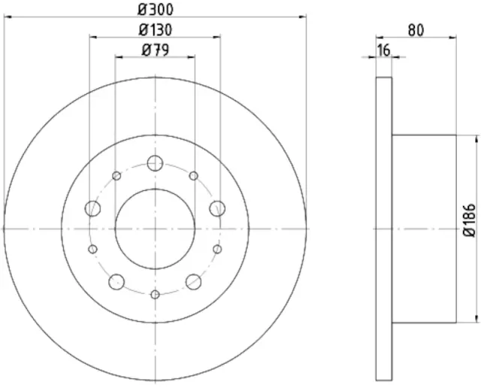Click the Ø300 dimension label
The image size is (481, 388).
(x=155, y=9)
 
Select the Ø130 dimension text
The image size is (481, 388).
(x=155, y=30)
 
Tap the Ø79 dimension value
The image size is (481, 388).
(x=155, y=50)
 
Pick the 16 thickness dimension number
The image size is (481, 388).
(x=383, y=50)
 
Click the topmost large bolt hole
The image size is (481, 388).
(x=155, y=162)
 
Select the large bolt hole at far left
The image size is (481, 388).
(x=93, y=208)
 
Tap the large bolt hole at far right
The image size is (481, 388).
(x=216, y=208)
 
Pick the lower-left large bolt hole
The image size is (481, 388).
(x=116, y=281)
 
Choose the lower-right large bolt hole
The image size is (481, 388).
(x=193, y=281)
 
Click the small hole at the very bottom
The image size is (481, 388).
(x=155, y=294)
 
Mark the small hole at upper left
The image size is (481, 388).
(x=116, y=176)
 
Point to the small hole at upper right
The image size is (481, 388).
(x=193, y=176)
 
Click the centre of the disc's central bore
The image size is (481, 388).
(x=155, y=229)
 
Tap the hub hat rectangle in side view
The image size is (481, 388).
(x=424, y=228)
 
